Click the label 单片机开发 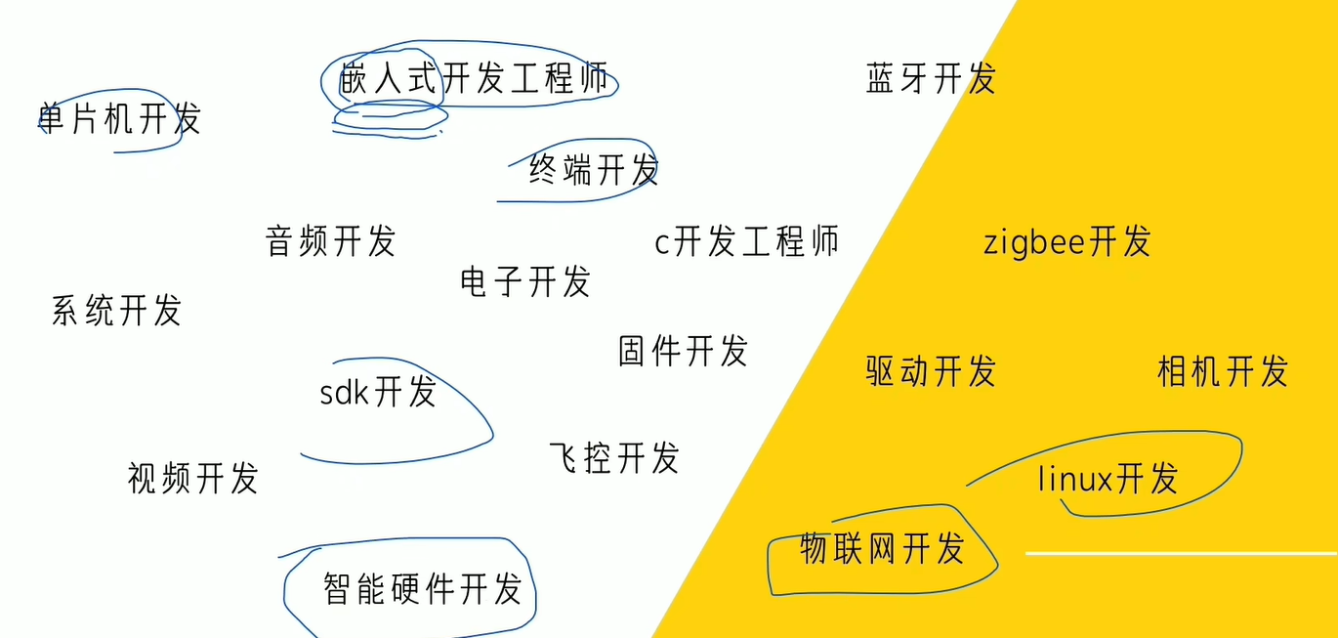(119, 119)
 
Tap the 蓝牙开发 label (930, 79)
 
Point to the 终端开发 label (594, 170)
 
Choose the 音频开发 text (330, 240)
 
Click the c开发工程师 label (746, 241)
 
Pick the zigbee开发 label (1066, 241)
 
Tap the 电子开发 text (525, 282)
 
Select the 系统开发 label (116, 311)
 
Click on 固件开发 (683, 350)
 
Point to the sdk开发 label (378, 392)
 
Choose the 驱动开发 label (930, 371)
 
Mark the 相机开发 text (1222, 371)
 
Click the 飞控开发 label (614, 457)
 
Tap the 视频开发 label (192, 479)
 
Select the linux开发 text (1108, 479)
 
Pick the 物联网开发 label (882, 548)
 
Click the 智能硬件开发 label (422, 589)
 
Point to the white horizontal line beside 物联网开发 (1172, 553)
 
